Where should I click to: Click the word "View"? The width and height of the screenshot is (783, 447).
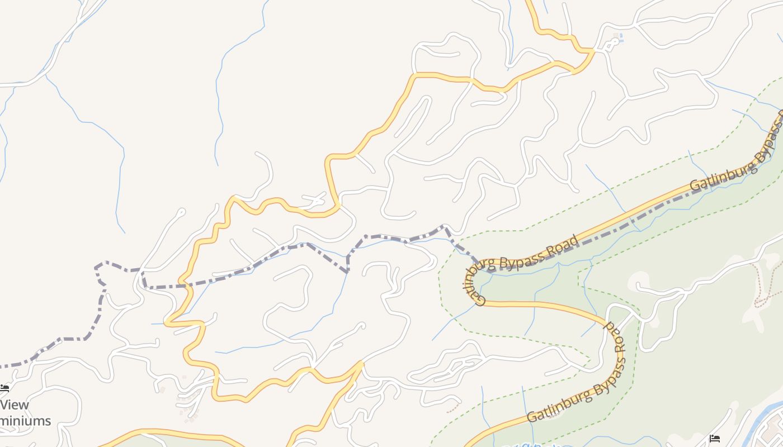coord(15,405)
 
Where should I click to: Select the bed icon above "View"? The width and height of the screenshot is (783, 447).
coord(4,388)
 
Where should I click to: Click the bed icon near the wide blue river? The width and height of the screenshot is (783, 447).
coord(714,439)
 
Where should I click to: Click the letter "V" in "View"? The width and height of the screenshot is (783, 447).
coord(5,405)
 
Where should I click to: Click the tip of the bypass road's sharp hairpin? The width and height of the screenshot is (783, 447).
coord(465,279)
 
